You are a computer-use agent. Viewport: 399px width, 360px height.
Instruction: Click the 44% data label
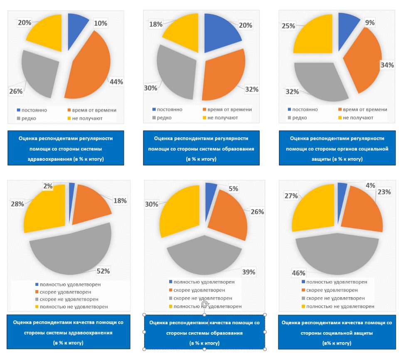(116, 82)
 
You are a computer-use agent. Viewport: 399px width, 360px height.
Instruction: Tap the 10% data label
(101, 23)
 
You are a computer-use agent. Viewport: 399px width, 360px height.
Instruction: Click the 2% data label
(49, 186)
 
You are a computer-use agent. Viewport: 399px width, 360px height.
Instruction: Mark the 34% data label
(387, 65)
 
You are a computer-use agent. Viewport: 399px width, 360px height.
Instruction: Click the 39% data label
(249, 272)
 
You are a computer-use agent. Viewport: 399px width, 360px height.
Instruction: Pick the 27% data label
(291, 196)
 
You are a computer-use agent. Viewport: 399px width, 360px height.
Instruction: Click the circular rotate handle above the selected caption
(204, 305)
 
